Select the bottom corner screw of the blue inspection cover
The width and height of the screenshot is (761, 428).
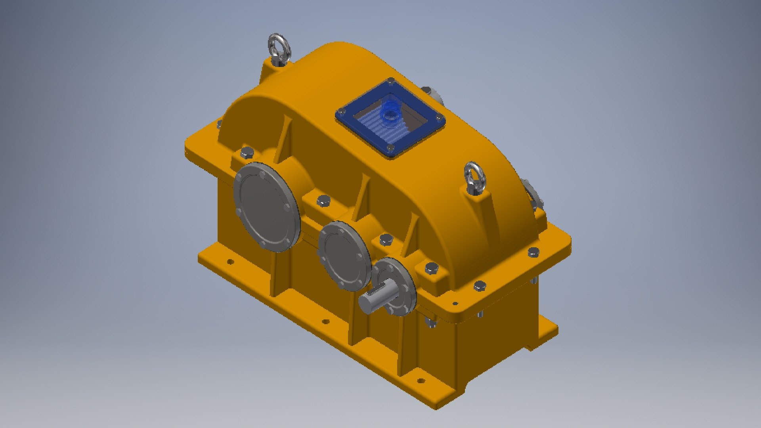(x=391, y=148)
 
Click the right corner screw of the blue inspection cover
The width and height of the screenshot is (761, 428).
(x=439, y=118)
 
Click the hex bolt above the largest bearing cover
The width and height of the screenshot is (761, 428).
(x=247, y=152)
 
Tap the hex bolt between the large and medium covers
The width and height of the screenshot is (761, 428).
(x=323, y=200)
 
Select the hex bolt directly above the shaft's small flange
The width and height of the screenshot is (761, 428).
(x=385, y=239)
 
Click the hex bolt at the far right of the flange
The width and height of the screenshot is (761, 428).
(x=533, y=251)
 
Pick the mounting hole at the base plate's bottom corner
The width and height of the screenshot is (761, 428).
(x=421, y=381)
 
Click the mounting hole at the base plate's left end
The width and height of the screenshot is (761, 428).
(x=229, y=261)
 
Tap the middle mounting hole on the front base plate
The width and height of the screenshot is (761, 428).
(x=325, y=321)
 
